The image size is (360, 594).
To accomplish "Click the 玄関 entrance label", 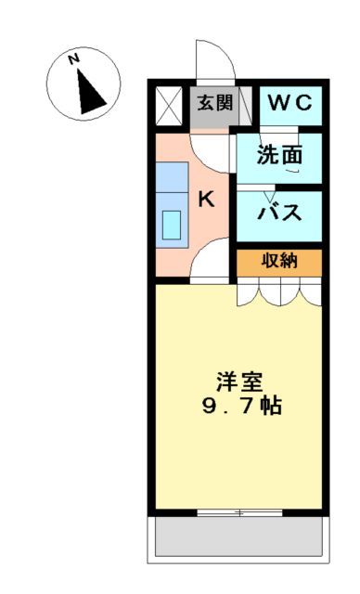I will pyautogui.click(x=213, y=102).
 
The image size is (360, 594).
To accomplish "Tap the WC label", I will pyautogui.click(x=290, y=102).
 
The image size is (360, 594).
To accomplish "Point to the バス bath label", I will pyautogui.click(x=279, y=212).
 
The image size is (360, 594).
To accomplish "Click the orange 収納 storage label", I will pyautogui.click(x=278, y=261).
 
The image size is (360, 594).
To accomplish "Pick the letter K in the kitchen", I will pyautogui.click(x=207, y=199).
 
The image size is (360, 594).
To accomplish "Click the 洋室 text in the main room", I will pyautogui.click(x=240, y=381).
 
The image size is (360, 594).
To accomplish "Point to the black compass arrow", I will pyautogui.click(x=91, y=91).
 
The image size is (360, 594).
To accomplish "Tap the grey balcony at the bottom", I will pyautogui.click(x=239, y=537).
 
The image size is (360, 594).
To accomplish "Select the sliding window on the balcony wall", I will pyautogui.click(x=239, y=511).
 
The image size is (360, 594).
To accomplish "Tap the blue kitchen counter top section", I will pyautogui.click(x=171, y=175).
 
